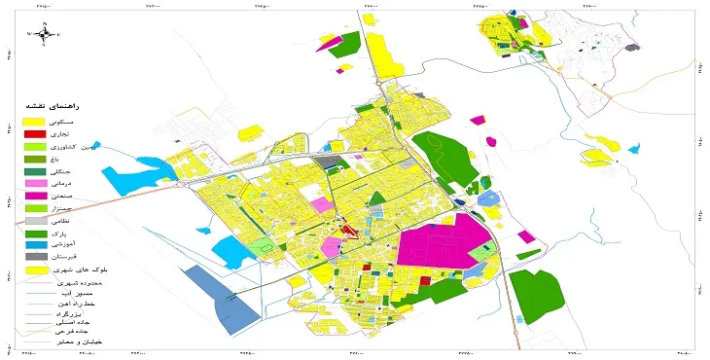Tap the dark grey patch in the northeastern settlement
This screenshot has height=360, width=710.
click(633, 47)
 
